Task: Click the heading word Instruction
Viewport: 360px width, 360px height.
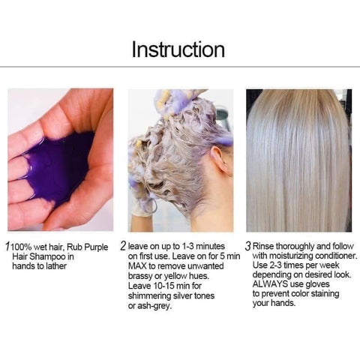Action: click(x=178, y=49)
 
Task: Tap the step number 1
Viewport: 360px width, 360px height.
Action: click(x=8, y=247)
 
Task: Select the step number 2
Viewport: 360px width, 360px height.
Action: click(x=123, y=246)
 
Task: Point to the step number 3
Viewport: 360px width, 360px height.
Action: click(x=248, y=246)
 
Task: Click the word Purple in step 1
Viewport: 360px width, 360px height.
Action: click(x=96, y=247)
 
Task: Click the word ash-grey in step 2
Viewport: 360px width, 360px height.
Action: click(x=153, y=306)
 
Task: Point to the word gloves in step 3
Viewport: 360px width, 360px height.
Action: click(x=318, y=284)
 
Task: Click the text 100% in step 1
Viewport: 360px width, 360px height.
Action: click(x=22, y=247)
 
